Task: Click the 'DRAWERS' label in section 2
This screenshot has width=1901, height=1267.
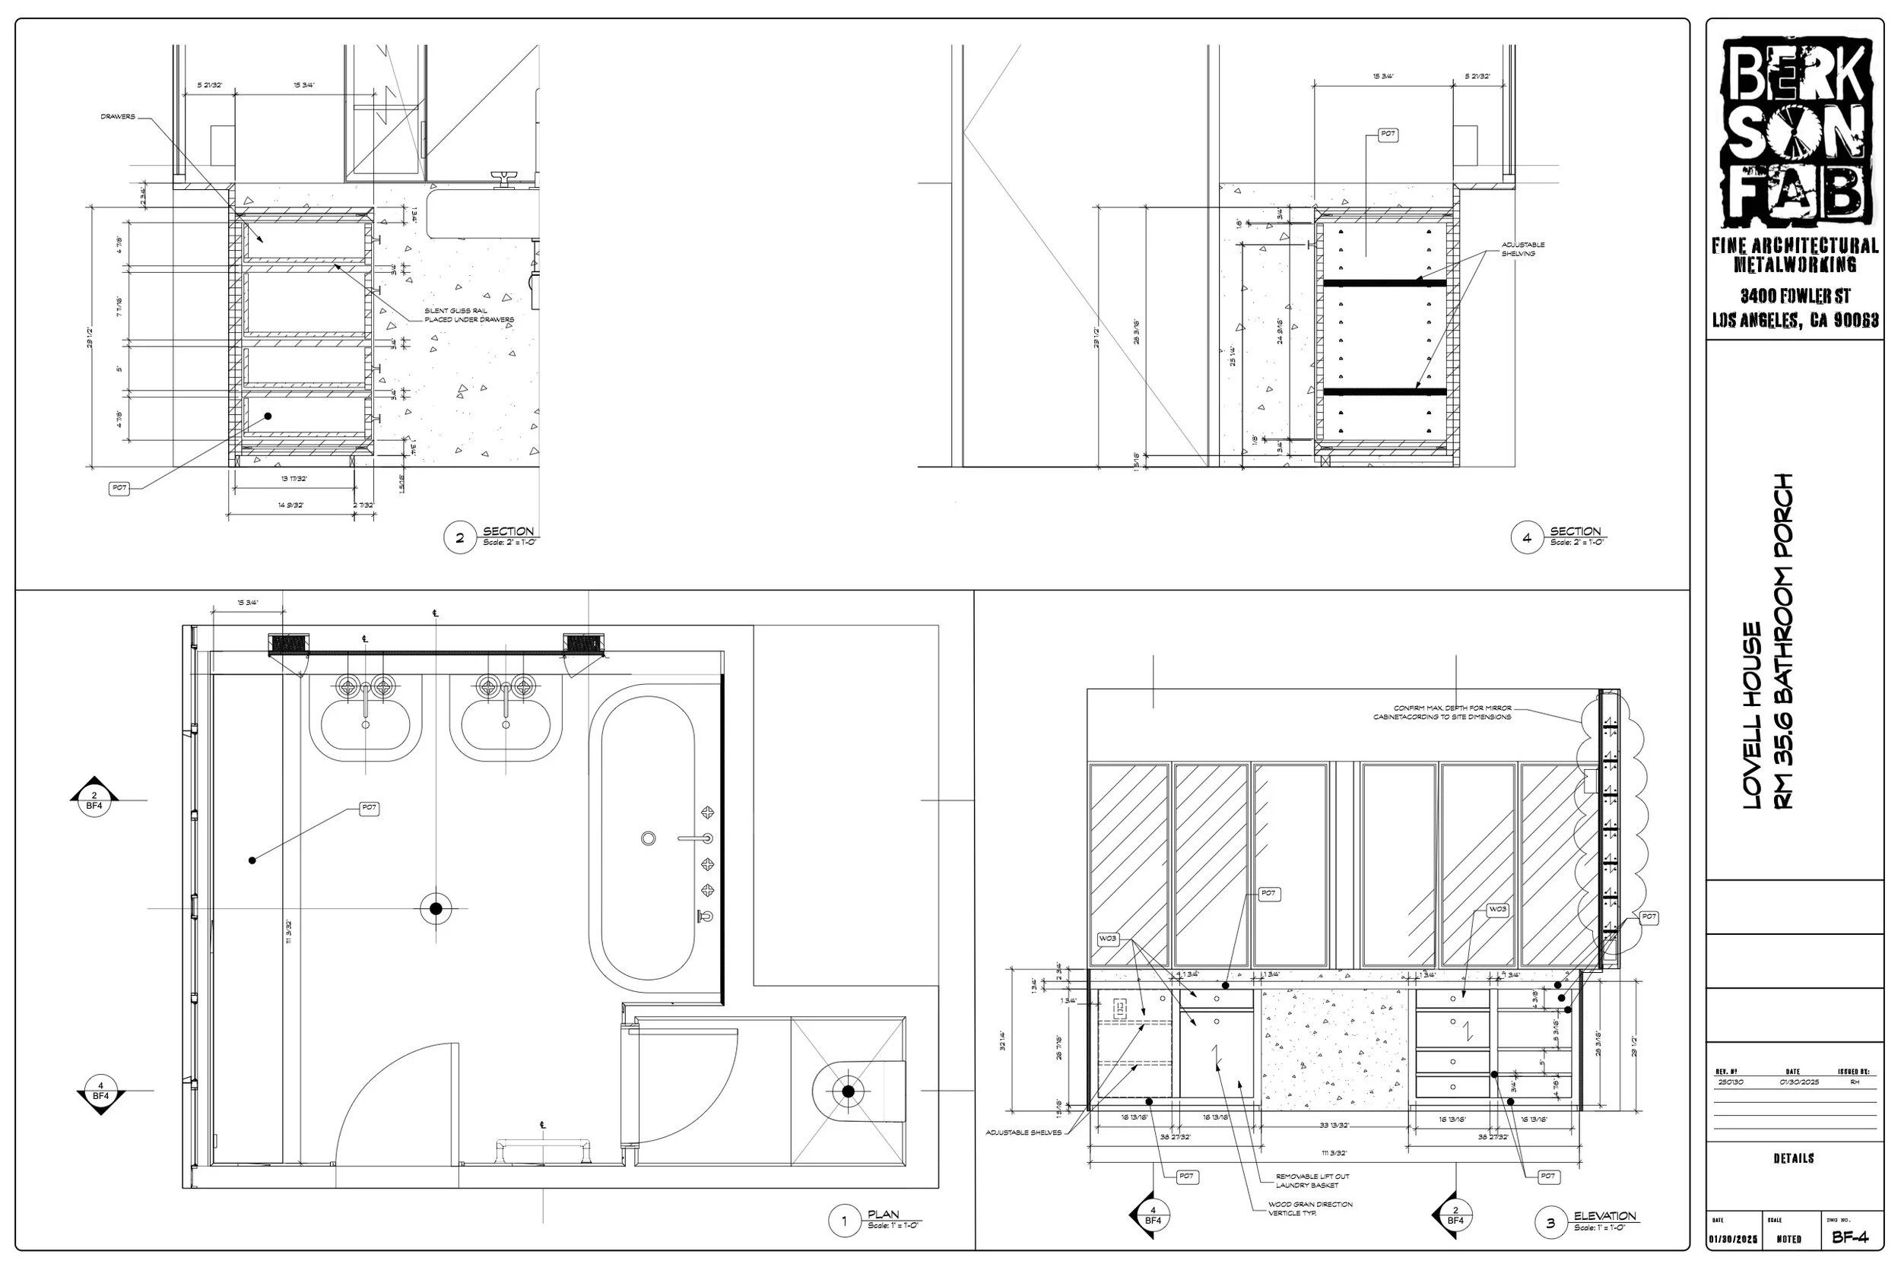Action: [118, 117]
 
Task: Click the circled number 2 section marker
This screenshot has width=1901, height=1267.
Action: [460, 538]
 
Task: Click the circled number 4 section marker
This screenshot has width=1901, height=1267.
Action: [1527, 538]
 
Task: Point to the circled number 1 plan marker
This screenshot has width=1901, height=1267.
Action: [845, 1221]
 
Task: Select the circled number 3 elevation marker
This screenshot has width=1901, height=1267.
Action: [1550, 1223]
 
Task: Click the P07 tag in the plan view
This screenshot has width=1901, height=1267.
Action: [369, 808]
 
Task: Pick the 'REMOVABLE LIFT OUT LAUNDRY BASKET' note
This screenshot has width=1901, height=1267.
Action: [1312, 1180]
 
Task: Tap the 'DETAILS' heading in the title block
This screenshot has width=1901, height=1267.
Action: [1794, 1158]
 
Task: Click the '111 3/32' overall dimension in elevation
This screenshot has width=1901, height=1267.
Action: [1335, 1153]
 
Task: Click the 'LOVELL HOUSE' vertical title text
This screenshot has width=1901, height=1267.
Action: [1752, 715]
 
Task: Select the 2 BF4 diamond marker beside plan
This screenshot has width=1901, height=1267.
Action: [94, 801]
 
